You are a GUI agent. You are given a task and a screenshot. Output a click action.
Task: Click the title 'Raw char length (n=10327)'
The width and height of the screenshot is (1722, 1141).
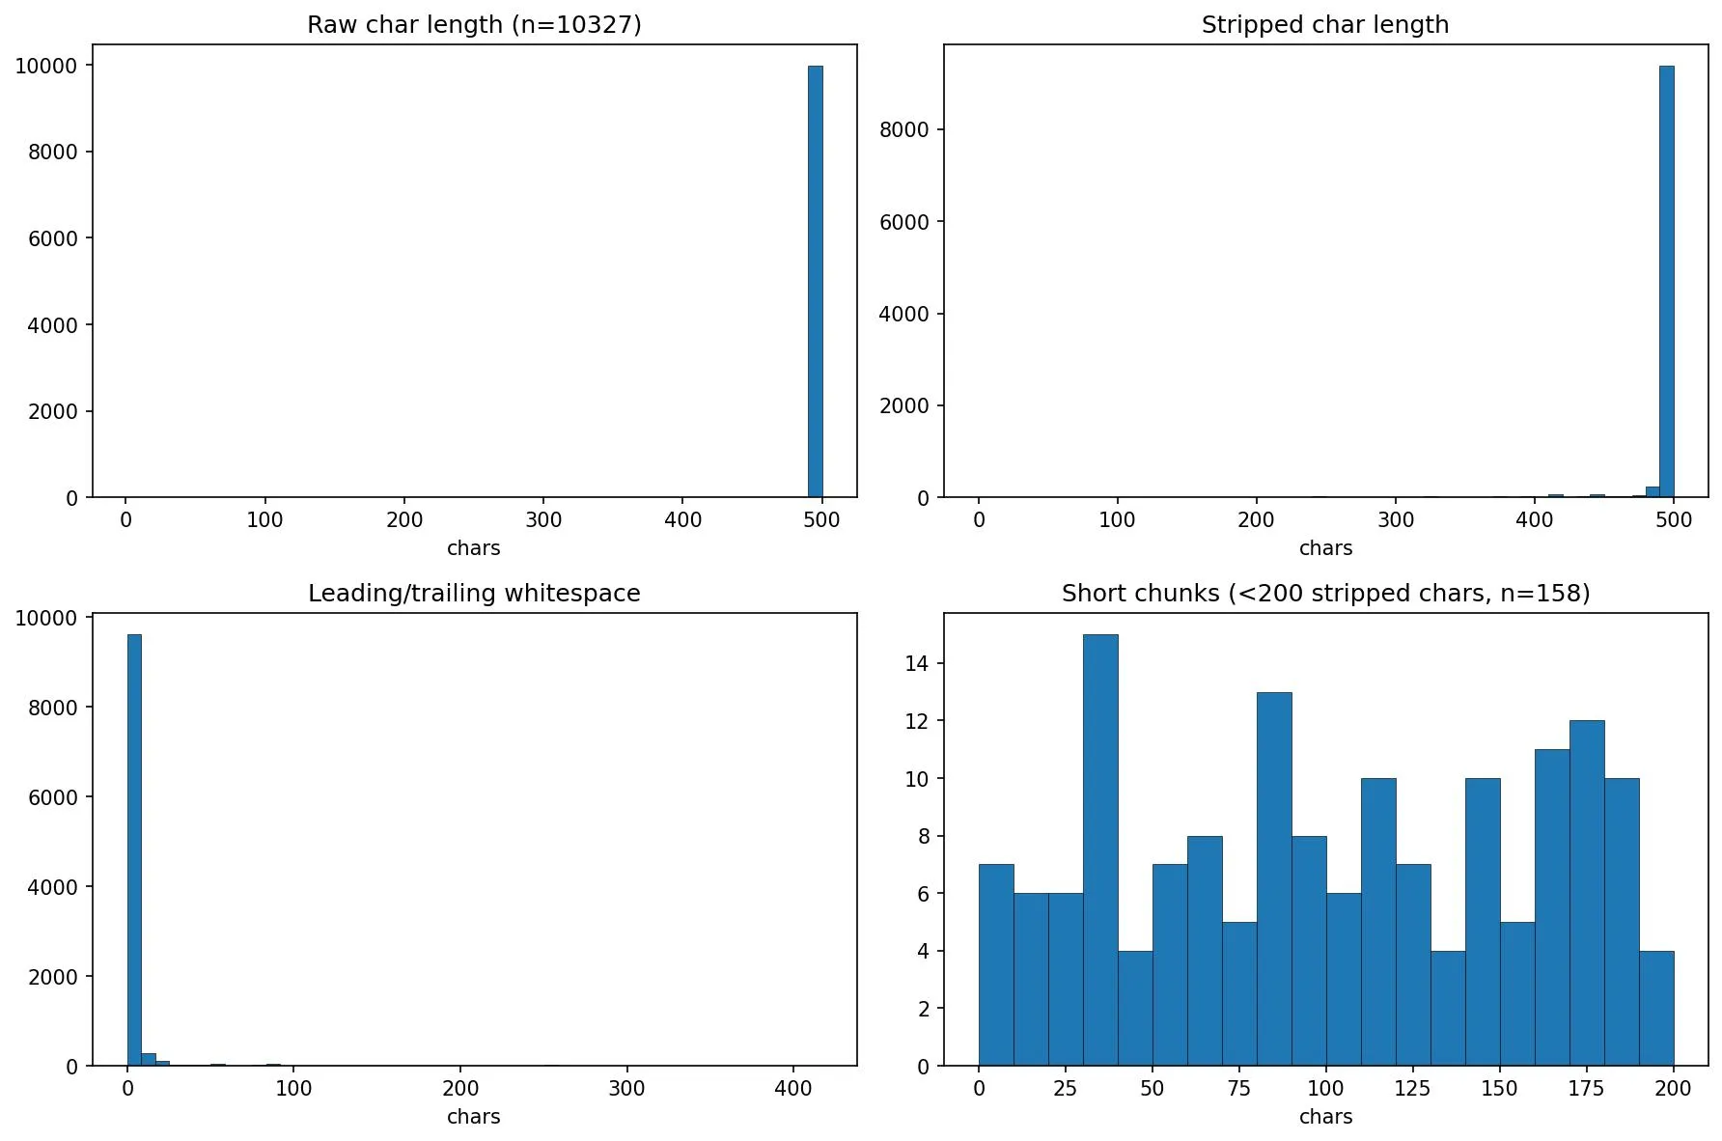point(474,25)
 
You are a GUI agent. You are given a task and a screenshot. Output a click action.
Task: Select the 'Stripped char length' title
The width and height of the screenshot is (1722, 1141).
point(1324,25)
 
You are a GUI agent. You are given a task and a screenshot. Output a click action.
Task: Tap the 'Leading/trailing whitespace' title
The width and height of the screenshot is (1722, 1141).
point(474,594)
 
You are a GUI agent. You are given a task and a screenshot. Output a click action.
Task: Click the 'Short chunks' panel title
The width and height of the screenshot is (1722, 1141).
point(1324,594)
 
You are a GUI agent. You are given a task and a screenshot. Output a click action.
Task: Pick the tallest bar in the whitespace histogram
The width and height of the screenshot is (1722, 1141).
point(134,849)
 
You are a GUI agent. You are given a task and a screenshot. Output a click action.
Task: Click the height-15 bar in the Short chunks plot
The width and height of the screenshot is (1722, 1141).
point(1099,849)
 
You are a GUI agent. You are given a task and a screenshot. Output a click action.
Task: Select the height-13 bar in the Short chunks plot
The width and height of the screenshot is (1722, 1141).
point(1273,878)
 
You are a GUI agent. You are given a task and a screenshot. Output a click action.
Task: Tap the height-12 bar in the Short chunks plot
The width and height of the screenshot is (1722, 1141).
point(1586,893)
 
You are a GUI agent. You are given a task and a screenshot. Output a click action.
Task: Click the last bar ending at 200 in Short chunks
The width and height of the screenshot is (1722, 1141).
point(1655,1009)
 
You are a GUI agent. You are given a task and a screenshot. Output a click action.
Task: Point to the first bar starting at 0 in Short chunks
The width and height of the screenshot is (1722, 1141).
point(995,965)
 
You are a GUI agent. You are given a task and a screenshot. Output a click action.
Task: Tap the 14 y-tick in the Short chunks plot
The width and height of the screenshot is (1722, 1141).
point(917,663)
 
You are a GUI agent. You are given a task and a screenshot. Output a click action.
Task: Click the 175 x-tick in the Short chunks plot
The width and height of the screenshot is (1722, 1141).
point(1586,1088)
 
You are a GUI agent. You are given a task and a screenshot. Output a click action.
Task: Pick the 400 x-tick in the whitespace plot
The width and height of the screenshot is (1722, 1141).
point(793,1088)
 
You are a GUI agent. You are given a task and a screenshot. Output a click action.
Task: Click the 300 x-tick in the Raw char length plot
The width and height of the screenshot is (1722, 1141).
point(543,519)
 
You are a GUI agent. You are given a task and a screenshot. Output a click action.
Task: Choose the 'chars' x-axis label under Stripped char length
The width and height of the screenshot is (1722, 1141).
point(1324,548)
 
